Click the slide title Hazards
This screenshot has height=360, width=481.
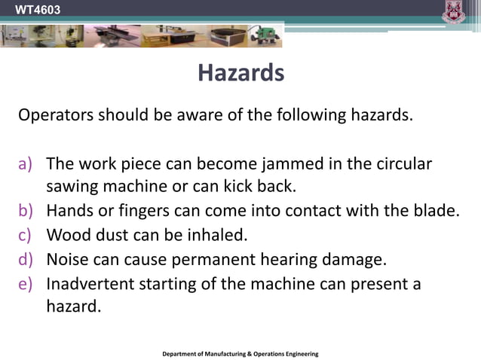click(240, 73)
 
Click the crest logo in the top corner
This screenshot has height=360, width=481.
click(454, 12)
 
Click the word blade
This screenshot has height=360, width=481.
click(437, 210)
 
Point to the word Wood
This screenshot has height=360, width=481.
click(67, 234)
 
